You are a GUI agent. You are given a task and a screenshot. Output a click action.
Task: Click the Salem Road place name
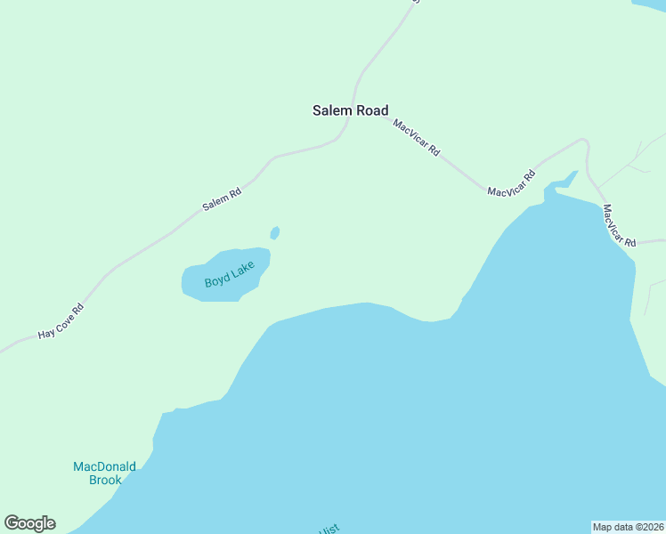tap(350, 111)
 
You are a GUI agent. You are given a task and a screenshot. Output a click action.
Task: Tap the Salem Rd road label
tap(222, 198)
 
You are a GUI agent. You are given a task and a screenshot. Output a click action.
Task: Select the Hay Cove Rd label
tap(61, 321)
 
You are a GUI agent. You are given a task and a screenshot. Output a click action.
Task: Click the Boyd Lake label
tap(230, 275)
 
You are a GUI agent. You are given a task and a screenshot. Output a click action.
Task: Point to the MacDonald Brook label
tap(104, 473)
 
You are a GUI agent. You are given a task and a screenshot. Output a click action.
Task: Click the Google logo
tap(29, 523)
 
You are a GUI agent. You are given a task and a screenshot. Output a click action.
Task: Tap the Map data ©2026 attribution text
tap(629, 526)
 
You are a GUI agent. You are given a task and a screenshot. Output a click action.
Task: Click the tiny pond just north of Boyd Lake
tap(275, 233)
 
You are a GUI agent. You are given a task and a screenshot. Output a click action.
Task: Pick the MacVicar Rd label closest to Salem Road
tap(417, 138)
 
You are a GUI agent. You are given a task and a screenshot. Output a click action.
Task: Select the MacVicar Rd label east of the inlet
tap(618, 226)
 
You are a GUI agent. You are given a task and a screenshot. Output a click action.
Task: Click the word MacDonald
tap(104, 466)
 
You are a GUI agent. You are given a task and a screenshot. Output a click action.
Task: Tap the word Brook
tap(105, 481)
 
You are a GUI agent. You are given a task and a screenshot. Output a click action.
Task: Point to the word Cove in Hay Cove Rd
tap(62, 320)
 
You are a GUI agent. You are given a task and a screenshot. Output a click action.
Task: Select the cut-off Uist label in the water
tap(329, 529)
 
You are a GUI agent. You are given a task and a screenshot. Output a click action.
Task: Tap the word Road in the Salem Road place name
tap(372, 111)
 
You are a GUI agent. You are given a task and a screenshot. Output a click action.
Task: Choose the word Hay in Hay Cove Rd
tap(46, 333)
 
